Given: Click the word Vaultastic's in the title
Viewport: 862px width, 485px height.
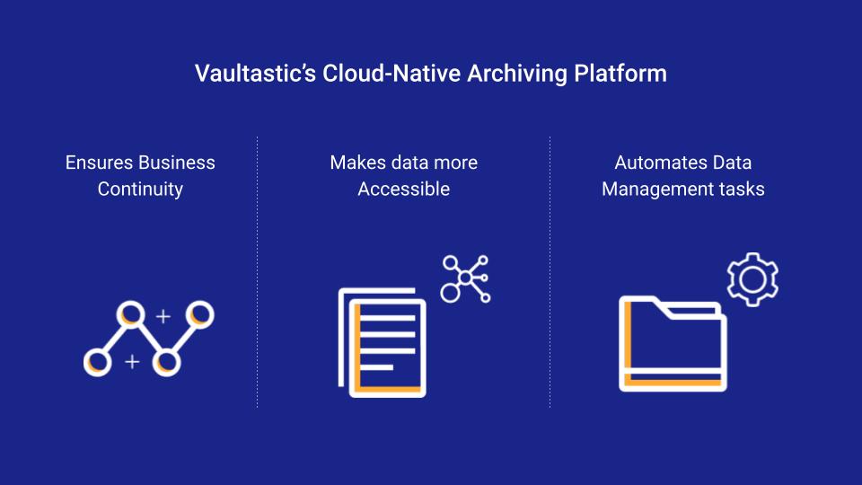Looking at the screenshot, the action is point(256,74).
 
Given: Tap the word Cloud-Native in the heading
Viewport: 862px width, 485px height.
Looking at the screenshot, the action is point(391,74).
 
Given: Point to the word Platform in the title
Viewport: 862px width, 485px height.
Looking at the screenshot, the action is point(620,74).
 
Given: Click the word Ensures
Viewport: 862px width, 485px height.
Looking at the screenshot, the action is point(100,163).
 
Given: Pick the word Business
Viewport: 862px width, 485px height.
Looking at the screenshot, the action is point(177,163).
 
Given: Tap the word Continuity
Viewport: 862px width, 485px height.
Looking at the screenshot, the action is point(140,190).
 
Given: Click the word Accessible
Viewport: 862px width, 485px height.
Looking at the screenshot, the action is point(404,190).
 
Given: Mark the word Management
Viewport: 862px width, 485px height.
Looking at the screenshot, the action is point(652,190).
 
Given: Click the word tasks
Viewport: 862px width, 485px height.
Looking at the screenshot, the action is point(736,190).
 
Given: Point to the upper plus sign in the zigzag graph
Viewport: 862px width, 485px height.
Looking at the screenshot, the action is point(163,316).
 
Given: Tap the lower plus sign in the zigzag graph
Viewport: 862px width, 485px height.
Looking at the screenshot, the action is point(132,361).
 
